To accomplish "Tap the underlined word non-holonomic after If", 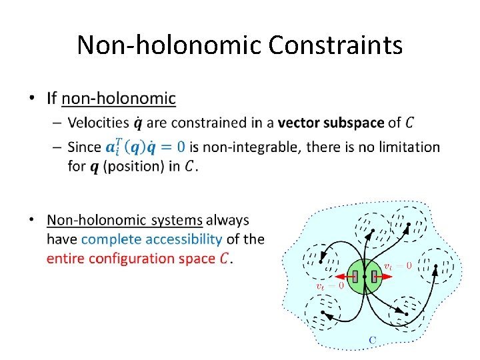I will [119, 99].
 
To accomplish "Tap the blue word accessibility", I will [185, 239].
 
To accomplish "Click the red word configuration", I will [128, 258].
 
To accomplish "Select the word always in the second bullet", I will [227, 220].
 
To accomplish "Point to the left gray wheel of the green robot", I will [355, 275].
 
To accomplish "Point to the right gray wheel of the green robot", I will [374, 275].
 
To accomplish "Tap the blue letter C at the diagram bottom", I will [373, 340].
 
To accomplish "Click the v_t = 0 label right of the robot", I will [397, 265].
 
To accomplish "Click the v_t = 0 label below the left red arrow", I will [329, 287].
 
